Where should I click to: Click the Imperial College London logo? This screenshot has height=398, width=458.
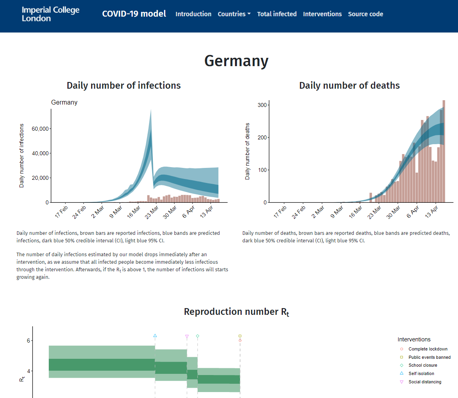point(51,14)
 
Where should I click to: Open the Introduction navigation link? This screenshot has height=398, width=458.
point(193,14)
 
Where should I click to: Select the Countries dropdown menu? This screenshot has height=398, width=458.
point(234,14)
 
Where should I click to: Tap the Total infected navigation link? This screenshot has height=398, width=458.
point(277,14)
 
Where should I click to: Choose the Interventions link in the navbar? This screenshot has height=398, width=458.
point(322,14)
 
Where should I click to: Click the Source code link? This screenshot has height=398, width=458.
point(365,14)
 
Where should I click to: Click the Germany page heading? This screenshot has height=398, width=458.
point(236,61)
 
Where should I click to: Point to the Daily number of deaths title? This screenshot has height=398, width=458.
point(349,86)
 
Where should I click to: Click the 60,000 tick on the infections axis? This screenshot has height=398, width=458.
point(40,129)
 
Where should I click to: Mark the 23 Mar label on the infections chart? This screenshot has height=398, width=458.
point(152,212)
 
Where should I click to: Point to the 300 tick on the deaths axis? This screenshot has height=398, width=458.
point(262,105)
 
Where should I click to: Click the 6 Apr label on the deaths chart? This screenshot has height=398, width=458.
point(413,211)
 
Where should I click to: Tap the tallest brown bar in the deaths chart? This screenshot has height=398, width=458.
point(444,151)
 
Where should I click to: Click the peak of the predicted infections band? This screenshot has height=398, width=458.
point(151,110)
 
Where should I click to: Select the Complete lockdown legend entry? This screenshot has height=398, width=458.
point(424,349)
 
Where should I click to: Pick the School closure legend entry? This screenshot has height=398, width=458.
point(418,365)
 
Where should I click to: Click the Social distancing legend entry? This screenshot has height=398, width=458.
point(420,382)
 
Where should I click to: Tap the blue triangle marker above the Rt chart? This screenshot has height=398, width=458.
point(155,335)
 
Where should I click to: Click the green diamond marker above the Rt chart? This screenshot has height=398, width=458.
point(197,336)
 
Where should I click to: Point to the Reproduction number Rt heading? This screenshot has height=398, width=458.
point(237,312)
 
